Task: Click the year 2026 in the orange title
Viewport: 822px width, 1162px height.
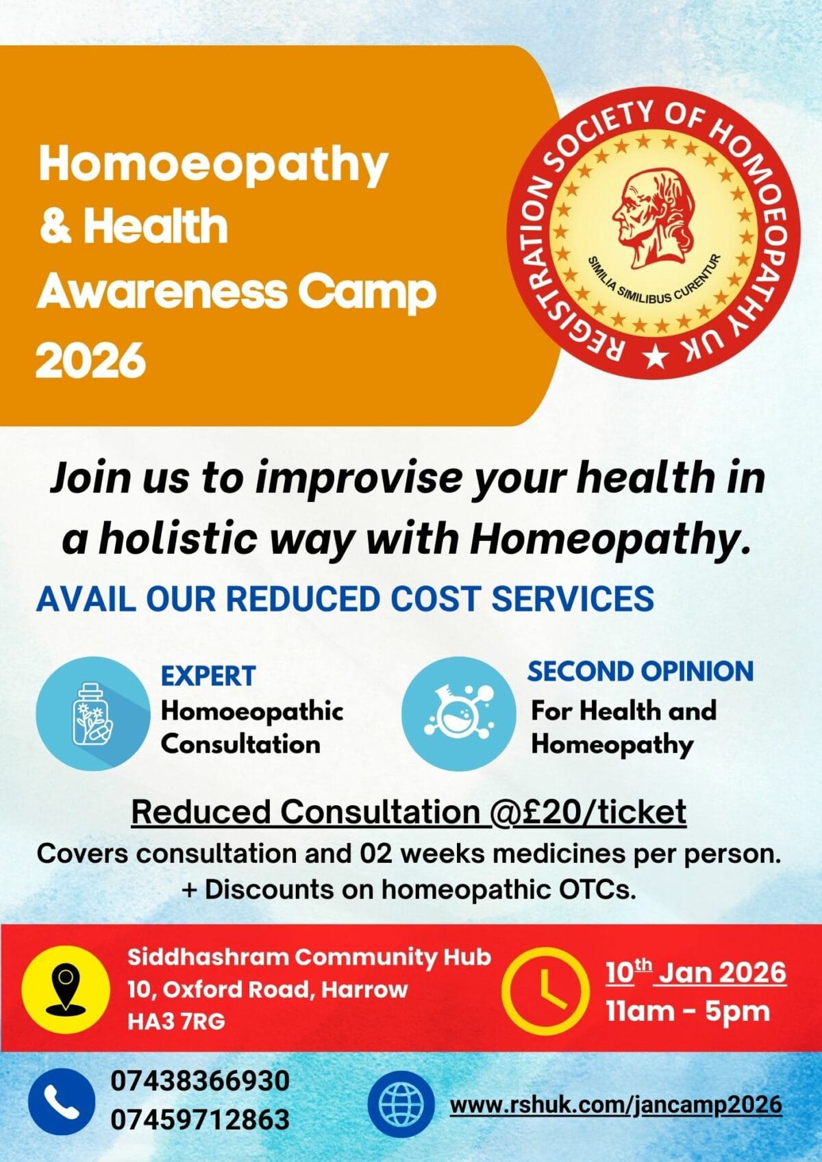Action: coord(91,360)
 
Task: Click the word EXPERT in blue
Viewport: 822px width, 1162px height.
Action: coord(208,676)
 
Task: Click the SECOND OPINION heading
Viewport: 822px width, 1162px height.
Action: coord(640,672)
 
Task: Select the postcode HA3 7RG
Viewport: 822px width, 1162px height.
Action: coord(176,1022)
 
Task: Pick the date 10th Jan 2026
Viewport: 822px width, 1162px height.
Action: coord(696,972)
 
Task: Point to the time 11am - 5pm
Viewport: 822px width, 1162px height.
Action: coord(688,1011)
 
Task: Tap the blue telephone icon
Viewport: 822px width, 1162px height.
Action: coord(62,1102)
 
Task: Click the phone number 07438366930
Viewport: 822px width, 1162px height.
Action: coord(200,1082)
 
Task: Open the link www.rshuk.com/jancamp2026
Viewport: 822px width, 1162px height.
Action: coord(615,1104)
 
